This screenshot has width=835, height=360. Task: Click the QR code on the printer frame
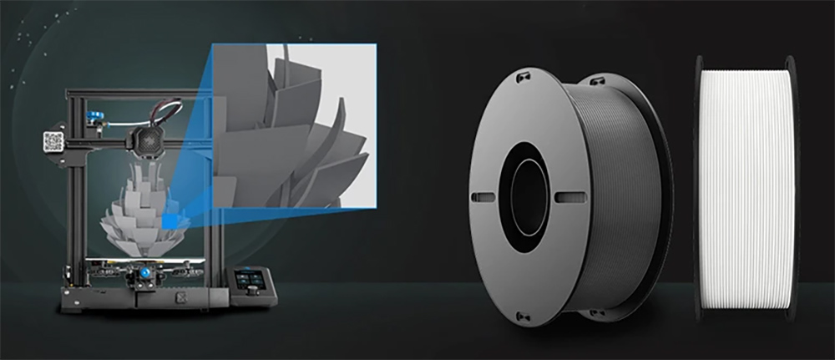pyautogui.click(x=53, y=141)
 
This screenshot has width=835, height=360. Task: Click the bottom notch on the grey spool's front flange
pyautogui.click(x=522, y=316)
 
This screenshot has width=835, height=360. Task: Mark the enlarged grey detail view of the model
pyautogui.click(x=292, y=125)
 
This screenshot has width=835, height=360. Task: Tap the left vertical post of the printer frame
pyautogui.click(x=73, y=200)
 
